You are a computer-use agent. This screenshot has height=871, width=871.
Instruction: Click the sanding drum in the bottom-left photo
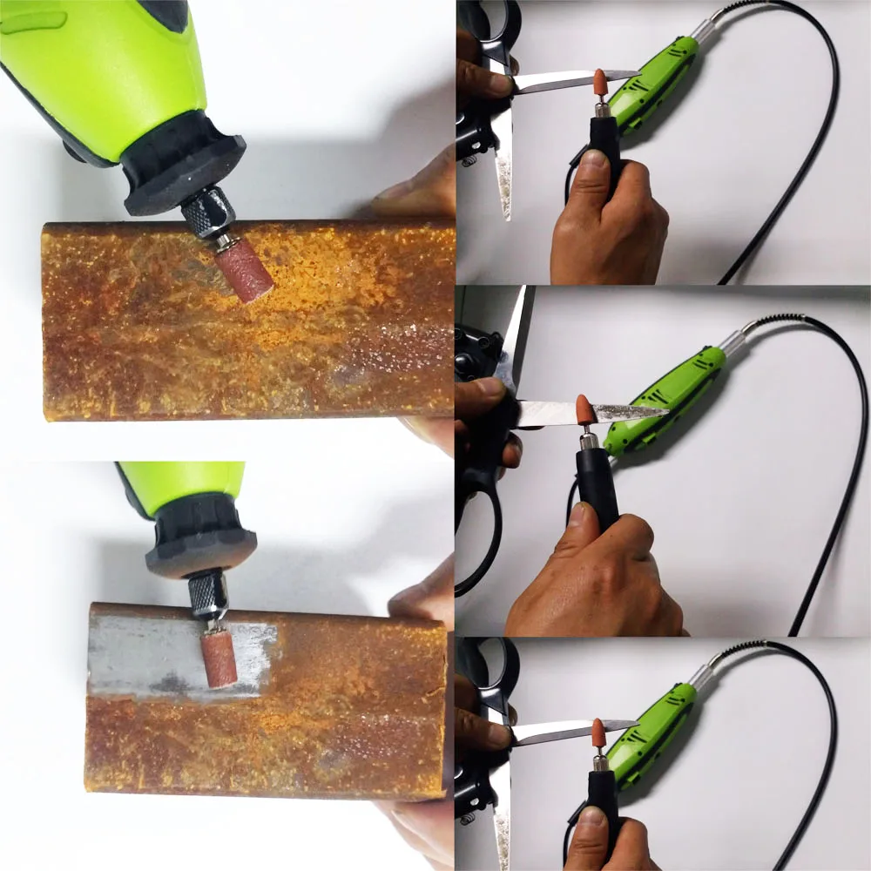click(x=219, y=660)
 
